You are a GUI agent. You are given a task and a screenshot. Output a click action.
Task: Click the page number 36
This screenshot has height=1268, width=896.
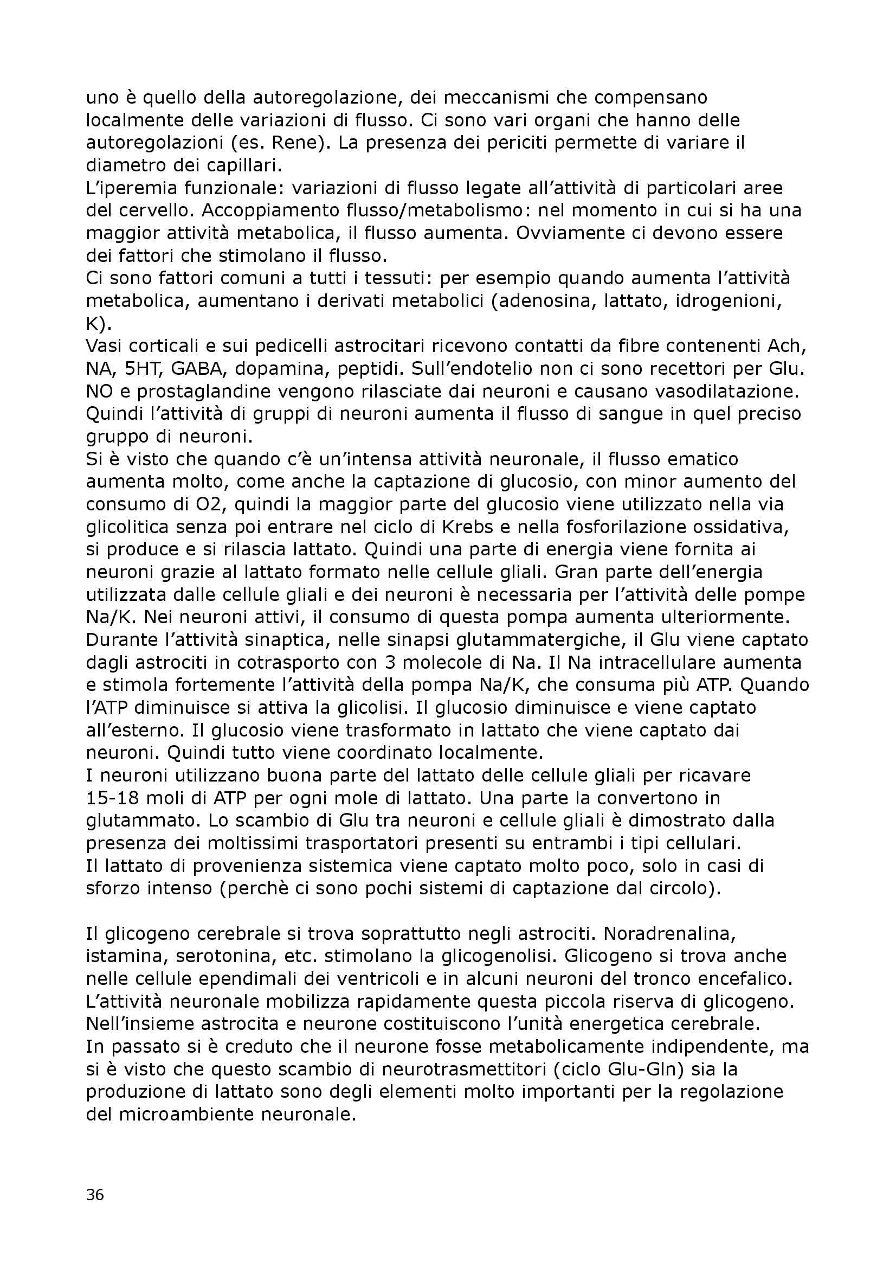tap(95, 1191)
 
